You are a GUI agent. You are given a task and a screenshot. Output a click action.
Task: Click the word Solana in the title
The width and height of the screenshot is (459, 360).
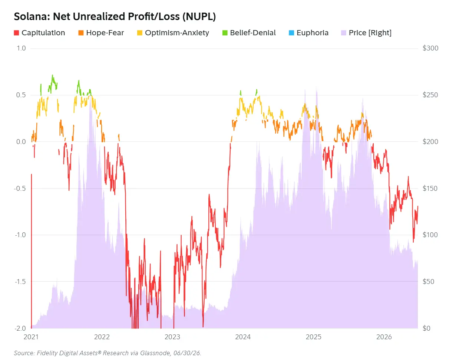pyautogui.click(x=32, y=16)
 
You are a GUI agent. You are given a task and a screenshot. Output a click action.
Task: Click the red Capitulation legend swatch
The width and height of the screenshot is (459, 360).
pyautogui.click(x=16, y=33)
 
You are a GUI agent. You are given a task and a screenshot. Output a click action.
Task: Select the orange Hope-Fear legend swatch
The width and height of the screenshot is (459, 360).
pyautogui.click(x=81, y=33)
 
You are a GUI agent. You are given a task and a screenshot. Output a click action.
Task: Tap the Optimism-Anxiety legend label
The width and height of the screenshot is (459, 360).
pyautogui.click(x=177, y=33)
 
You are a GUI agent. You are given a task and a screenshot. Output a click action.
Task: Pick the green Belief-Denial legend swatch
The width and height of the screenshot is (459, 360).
pyautogui.click(x=225, y=33)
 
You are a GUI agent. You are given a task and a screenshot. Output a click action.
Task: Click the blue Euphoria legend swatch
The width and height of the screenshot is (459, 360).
pyautogui.click(x=291, y=33)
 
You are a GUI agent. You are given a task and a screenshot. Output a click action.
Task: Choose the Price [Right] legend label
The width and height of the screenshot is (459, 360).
pyautogui.click(x=370, y=33)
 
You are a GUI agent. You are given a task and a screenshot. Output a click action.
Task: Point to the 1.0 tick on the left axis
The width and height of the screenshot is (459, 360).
pyautogui.click(x=21, y=48)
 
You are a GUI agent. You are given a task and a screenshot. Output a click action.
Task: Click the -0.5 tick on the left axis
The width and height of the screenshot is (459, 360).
pyautogui.click(x=20, y=188)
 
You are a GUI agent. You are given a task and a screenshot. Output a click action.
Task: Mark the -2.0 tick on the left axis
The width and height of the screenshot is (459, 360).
pyautogui.click(x=20, y=328)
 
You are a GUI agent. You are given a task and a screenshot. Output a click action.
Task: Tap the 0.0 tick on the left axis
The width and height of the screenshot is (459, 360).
pyautogui.click(x=21, y=142)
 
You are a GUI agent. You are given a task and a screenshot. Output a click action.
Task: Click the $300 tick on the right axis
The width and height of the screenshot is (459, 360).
pyautogui.click(x=430, y=48)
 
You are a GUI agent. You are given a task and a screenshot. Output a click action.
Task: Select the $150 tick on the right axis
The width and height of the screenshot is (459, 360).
pyautogui.click(x=430, y=188)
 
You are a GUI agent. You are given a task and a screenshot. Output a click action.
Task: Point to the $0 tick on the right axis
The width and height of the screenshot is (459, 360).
pyautogui.click(x=426, y=328)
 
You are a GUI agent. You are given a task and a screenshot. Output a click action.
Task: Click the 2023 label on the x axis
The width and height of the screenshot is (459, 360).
pyautogui.click(x=172, y=337)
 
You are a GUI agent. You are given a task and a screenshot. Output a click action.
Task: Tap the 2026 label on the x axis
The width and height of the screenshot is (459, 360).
pyautogui.click(x=384, y=337)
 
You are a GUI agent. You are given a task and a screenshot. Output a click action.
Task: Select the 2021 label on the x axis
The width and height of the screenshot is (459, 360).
pyautogui.click(x=31, y=337)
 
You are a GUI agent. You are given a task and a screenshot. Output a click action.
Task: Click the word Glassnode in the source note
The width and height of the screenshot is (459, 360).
pyautogui.click(x=155, y=353)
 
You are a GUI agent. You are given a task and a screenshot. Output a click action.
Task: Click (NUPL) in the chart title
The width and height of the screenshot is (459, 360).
pyautogui.click(x=199, y=17)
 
